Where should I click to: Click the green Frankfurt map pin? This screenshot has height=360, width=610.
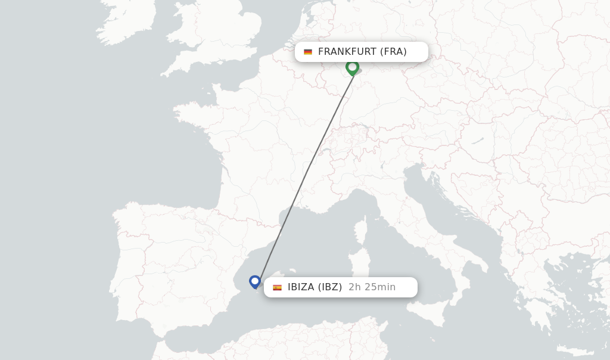point(352,67)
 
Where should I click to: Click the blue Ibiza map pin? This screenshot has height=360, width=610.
point(255,281)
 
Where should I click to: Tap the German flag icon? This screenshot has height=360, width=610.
point(308,52)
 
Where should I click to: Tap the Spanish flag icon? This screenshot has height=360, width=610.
point(277,287)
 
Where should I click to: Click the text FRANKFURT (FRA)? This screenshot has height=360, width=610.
point(362,52)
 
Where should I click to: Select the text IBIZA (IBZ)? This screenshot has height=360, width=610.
point(315,287)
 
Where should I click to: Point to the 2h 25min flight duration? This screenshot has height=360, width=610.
point(372,287)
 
